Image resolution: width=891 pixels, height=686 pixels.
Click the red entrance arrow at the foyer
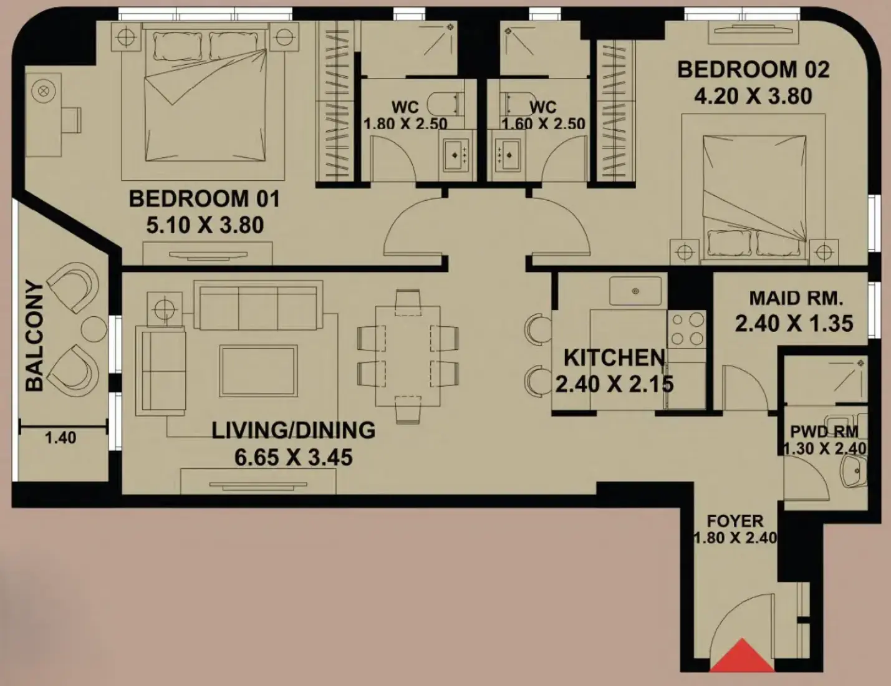(x=742, y=655)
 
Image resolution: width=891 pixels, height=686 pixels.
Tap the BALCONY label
(x=34, y=336)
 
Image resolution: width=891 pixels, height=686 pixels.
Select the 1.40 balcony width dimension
(x=60, y=438)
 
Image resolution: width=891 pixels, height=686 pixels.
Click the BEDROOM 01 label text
(x=205, y=199)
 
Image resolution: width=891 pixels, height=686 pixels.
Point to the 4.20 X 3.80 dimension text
(x=753, y=97)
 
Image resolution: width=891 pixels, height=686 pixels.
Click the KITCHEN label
(x=614, y=358)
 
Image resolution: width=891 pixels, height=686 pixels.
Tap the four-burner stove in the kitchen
(x=687, y=329)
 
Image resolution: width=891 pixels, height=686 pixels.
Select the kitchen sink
(x=635, y=291)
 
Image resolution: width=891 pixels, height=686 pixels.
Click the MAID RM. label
(x=796, y=298)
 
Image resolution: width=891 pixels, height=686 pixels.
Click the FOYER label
(x=735, y=521)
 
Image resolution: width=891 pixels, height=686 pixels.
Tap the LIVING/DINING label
(x=293, y=430)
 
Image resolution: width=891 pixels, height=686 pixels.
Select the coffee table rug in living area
(x=258, y=370)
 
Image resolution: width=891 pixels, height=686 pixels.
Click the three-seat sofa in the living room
(x=258, y=305)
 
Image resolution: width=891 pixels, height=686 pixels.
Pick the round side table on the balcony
(x=94, y=329)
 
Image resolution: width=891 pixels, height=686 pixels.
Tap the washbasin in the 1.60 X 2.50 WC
(x=508, y=155)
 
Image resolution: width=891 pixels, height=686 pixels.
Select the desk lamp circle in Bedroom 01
(x=44, y=90)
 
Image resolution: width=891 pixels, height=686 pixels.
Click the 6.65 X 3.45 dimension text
(x=293, y=457)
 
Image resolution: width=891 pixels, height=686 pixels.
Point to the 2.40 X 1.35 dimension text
(x=794, y=324)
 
